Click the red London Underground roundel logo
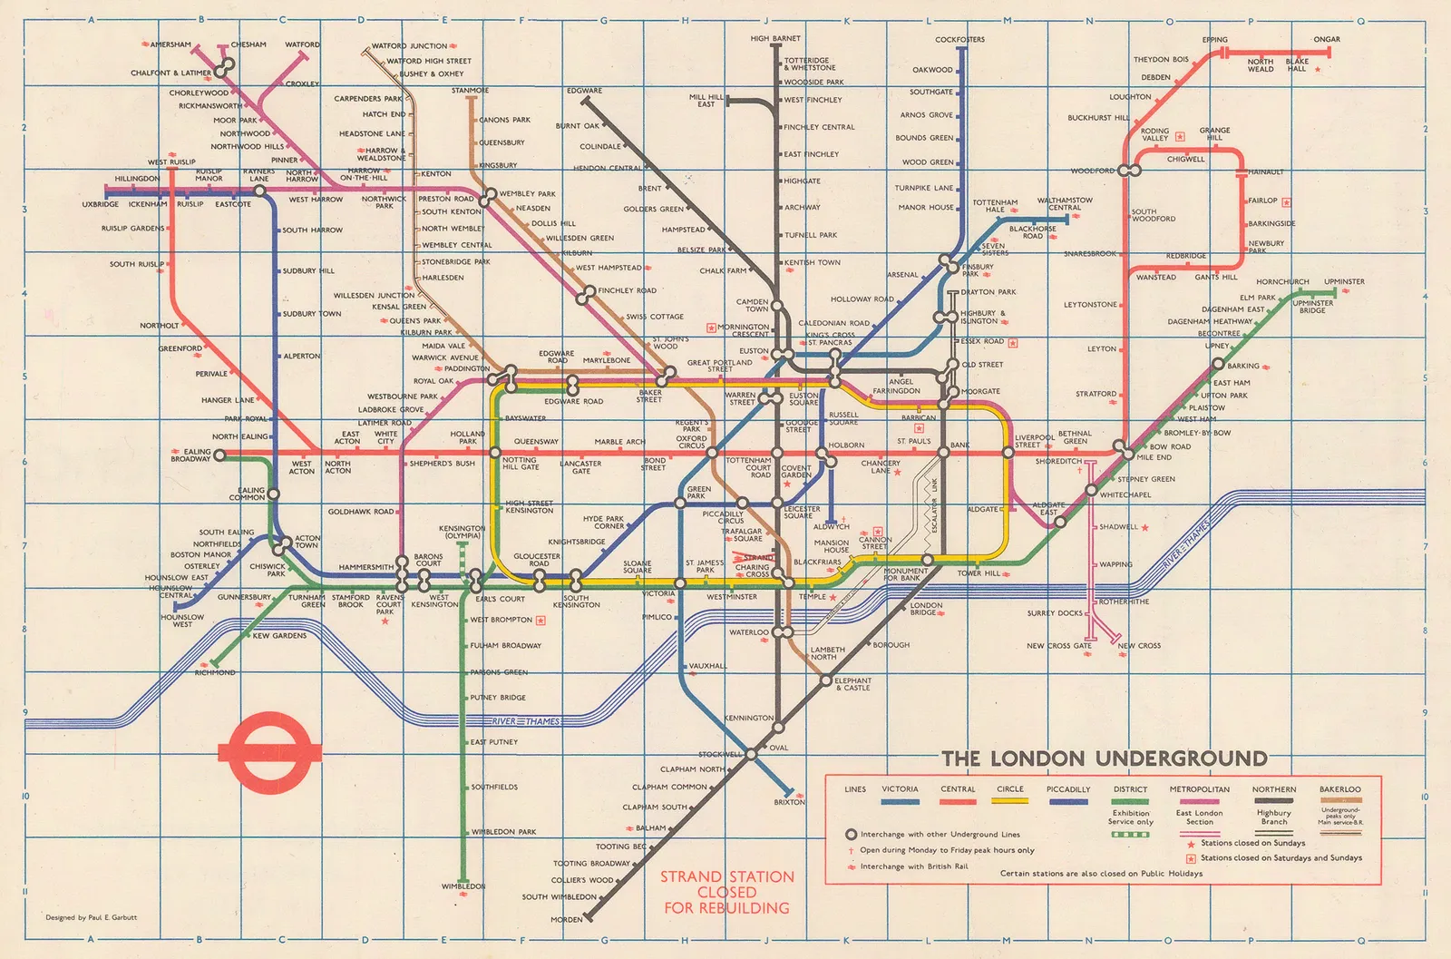(x=270, y=750)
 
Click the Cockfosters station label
(x=959, y=40)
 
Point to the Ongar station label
(x=1326, y=40)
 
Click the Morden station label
(x=567, y=919)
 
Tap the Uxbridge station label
(x=100, y=204)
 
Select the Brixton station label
(x=789, y=802)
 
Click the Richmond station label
(x=215, y=672)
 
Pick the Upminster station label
(x=1343, y=281)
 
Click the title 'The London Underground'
(x=1104, y=758)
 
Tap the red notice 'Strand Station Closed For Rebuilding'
(x=726, y=892)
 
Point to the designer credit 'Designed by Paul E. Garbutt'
(x=92, y=917)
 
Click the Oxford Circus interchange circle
(x=712, y=452)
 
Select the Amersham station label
(x=170, y=44)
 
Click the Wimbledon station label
(x=463, y=886)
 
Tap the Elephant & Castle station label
(x=852, y=684)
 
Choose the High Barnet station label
(x=775, y=39)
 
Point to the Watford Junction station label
(x=409, y=45)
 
